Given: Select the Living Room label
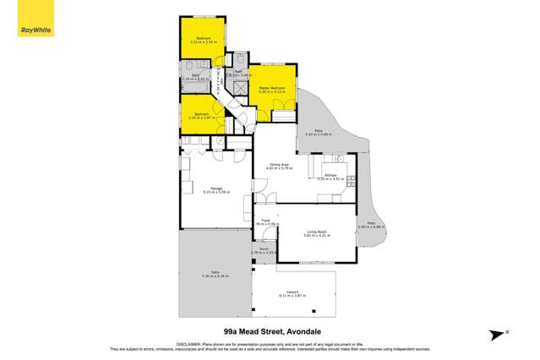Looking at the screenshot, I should [x=316, y=232].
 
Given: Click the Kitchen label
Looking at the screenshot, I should [x=319, y=175].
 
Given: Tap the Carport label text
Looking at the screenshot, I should [x=293, y=292].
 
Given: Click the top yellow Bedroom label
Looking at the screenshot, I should [x=204, y=39].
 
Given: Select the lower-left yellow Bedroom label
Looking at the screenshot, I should [x=201, y=113].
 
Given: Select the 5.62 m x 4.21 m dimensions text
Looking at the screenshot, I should [x=316, y=237].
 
